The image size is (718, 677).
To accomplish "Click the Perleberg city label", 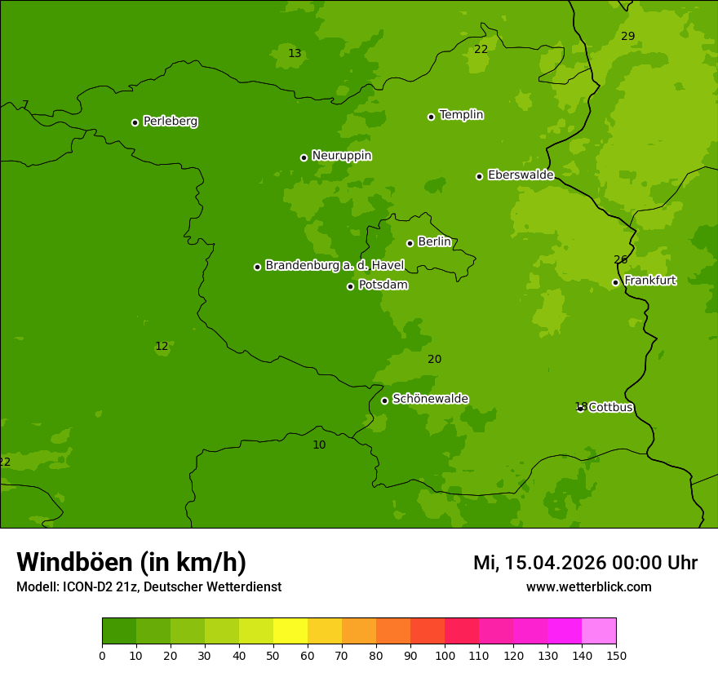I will click(x=170, y=122).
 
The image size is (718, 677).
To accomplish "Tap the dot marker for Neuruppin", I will click(x=304, y=157).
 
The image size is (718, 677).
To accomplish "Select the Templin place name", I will click(x=461, y=115).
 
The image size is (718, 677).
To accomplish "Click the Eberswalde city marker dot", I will click(x=480, y=176).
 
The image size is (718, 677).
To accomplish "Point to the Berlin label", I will click(x=434, y=242).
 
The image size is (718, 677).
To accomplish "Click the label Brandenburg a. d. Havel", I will click(x=335, y=266).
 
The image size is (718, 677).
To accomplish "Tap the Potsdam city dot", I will click(x=351, y=286).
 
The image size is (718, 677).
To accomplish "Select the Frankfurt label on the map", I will click(x=649, y=281).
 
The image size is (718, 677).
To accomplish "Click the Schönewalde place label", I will click(x=430, y=399).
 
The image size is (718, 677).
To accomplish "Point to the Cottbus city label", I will click(x=610, y=407).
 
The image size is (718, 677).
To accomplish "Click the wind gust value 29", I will click(x=627, y=36).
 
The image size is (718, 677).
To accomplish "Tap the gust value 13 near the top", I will click(x=295, y=54).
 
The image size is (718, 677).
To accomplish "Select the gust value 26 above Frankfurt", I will click(x=620, y=260).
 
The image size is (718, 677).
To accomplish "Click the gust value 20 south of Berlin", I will click(x=434, y=360).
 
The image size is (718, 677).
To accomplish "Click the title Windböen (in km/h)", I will click(x=131, y=562).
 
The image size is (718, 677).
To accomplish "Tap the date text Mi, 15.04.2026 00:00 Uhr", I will click(x=585, y=563).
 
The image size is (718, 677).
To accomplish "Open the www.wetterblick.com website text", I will click(x=588, y=587).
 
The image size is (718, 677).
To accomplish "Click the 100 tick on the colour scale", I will click(x=445, y=655).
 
